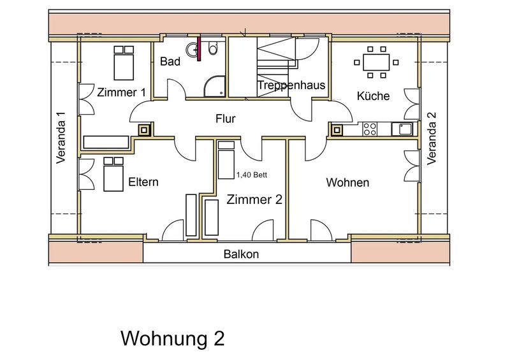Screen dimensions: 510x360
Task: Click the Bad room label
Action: (170, 61)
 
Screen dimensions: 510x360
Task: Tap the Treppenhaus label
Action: (291, 85)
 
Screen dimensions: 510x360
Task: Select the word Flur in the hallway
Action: (226, 119)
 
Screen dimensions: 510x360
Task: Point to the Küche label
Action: (373, 96)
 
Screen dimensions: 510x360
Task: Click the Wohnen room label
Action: (347, 182)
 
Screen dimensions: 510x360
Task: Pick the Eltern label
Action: (143, 182)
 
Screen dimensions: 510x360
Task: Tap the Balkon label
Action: (241, 254)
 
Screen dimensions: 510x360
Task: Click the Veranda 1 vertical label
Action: (61, 138)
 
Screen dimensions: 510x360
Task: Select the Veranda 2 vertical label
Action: (432, 138)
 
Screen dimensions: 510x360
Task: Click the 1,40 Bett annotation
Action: (252, 175)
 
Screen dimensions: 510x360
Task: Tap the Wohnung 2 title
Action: (173, 338)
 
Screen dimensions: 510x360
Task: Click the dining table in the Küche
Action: (376, 62)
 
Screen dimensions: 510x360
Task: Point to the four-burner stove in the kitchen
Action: (370, 129)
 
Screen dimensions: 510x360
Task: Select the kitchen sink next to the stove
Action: (402, 129)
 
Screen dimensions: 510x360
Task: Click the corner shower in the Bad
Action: (215, 86)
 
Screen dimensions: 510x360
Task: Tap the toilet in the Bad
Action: (214, 48)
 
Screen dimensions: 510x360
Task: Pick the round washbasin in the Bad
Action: (192, 50)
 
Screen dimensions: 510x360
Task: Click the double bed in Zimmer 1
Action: (124, 63)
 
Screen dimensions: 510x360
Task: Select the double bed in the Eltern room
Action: (113, 175)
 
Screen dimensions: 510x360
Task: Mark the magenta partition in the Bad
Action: (199, 49)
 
